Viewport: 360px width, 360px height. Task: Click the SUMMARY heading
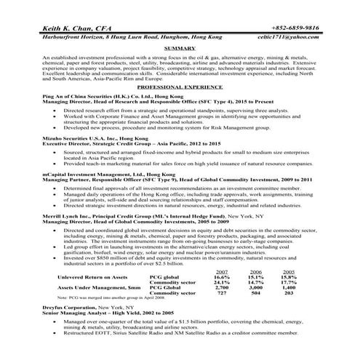(x=180, y=48)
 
